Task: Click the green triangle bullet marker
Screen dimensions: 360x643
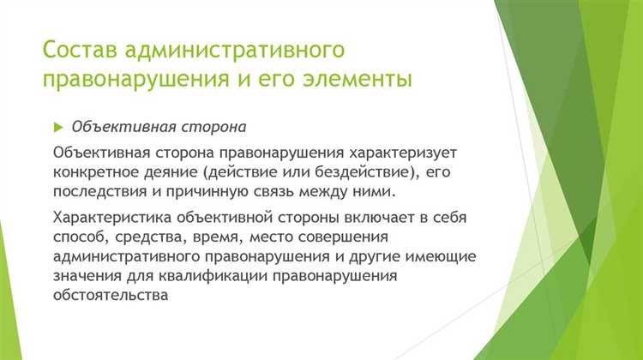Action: click(x=58, y=127)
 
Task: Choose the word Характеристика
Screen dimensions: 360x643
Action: click(x=108, y=218)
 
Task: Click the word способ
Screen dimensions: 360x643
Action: click(x=76, y=237)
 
